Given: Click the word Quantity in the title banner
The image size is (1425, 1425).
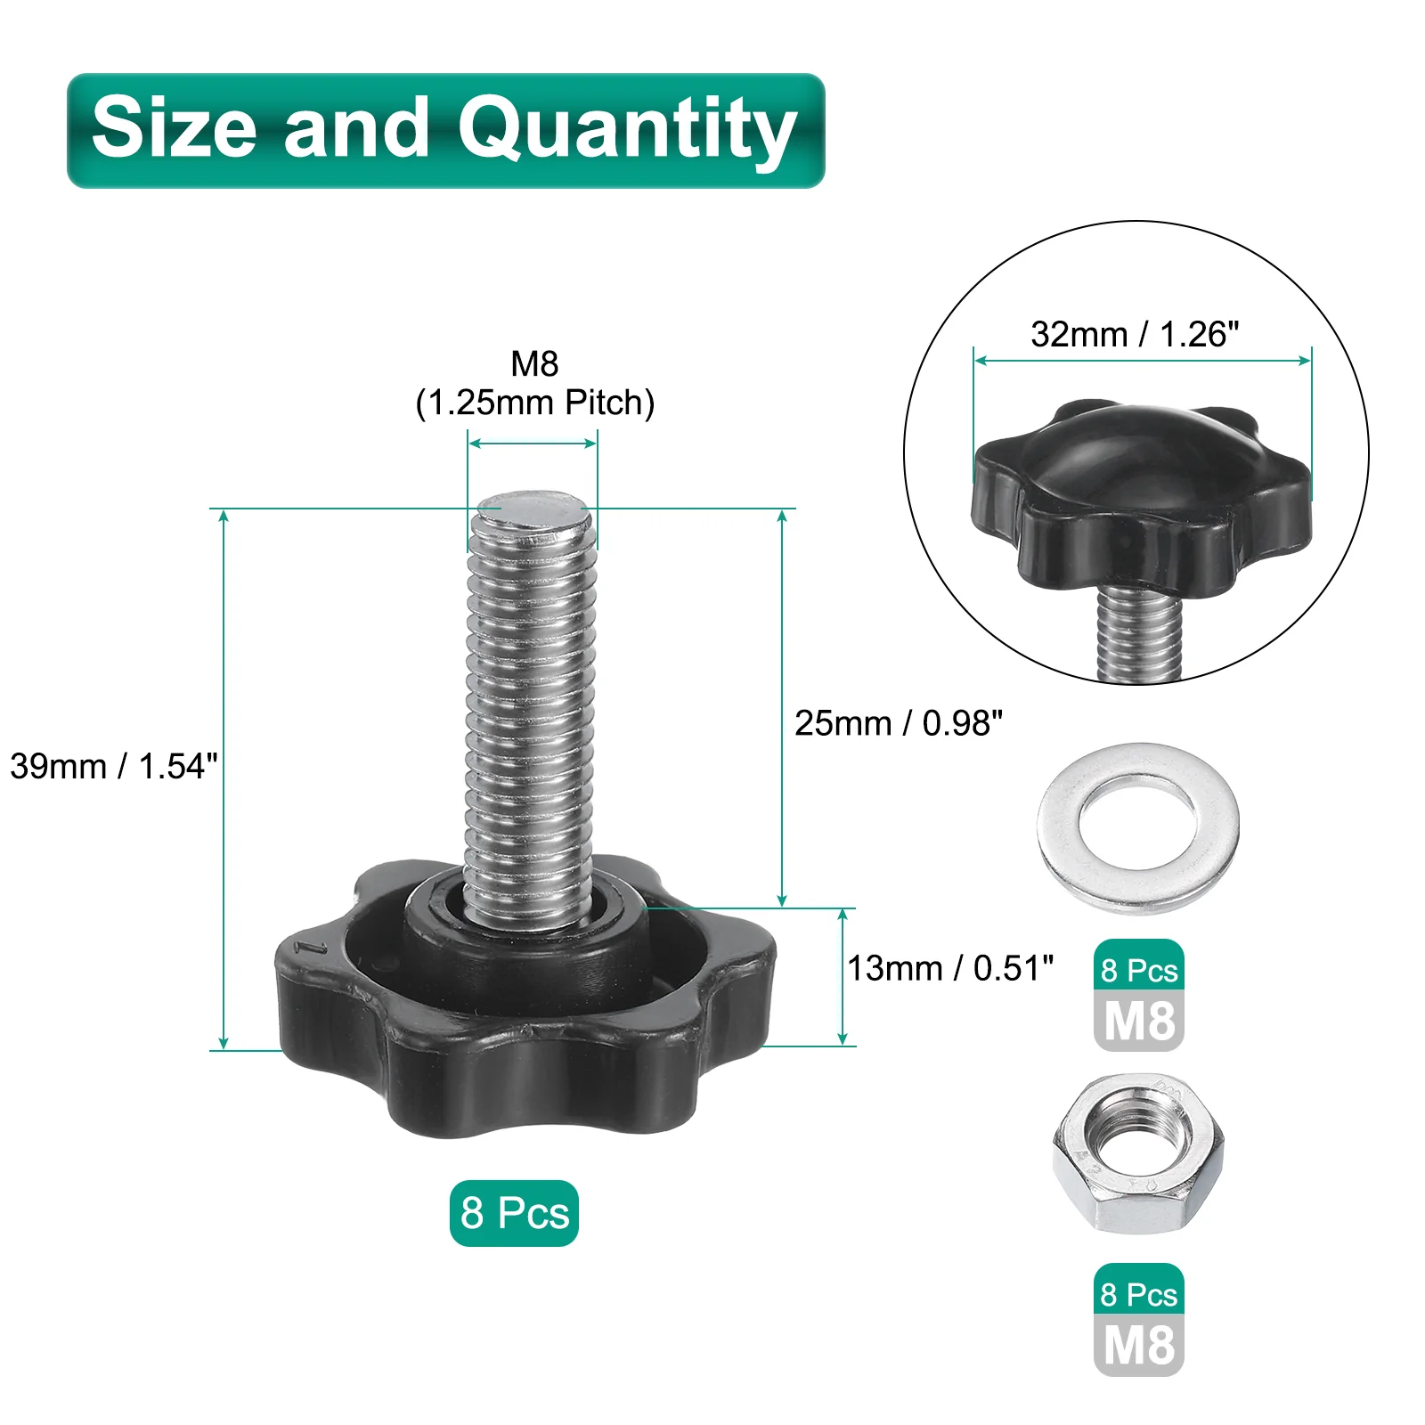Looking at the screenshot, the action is (627, 130).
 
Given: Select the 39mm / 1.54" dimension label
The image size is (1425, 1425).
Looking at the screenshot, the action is (114, 766).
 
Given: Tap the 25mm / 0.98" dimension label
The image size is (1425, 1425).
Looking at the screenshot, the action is (899, 723).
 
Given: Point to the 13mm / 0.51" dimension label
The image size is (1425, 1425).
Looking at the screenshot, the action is (950, 968).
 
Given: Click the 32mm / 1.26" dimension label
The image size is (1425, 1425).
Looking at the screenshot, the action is (1135, 334).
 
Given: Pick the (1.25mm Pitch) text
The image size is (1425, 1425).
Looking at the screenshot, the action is (535, 403).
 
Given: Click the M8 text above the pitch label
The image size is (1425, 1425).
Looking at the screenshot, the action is (534, 363).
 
